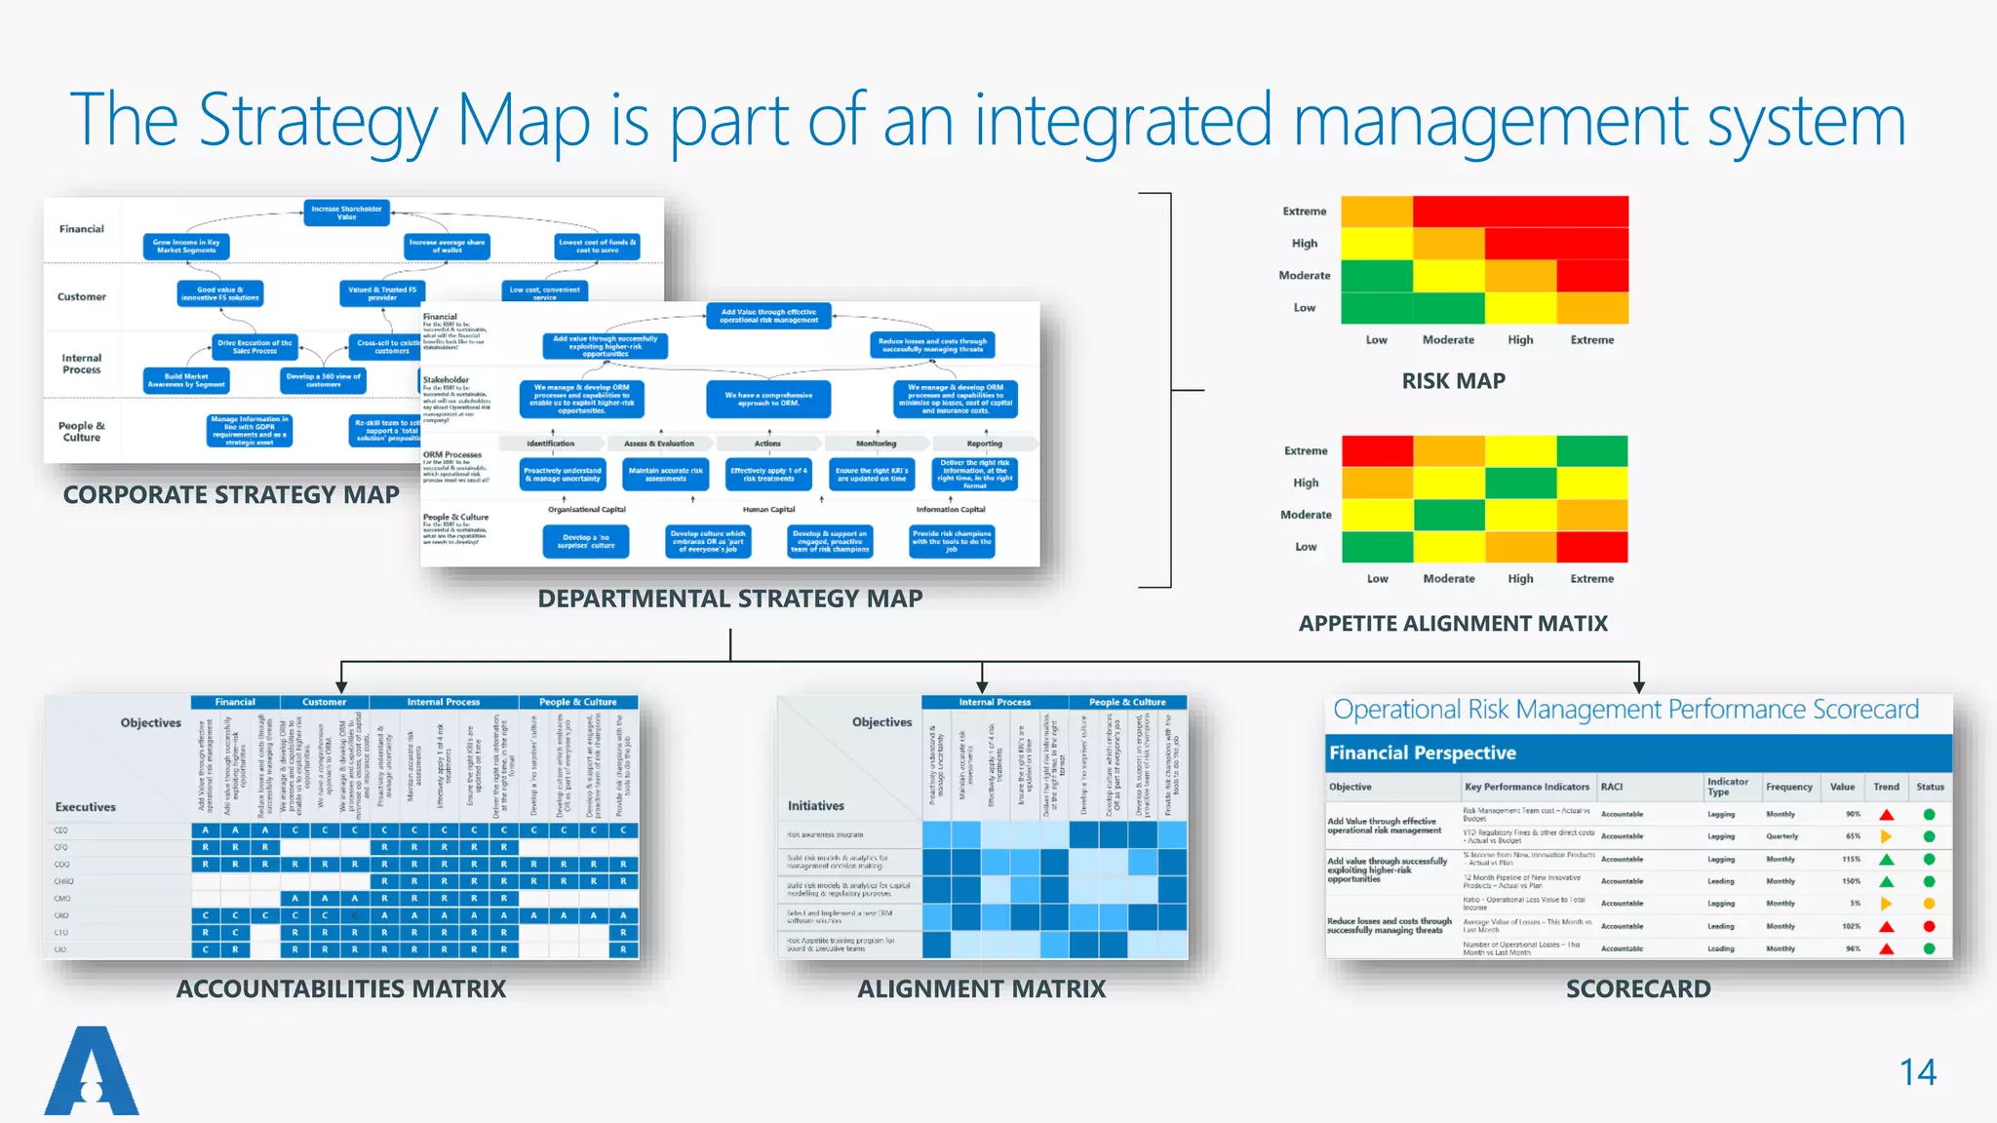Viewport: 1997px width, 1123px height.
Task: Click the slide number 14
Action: [x=1917, y=1072]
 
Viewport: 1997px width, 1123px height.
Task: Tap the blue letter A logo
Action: [x=92, y=1072]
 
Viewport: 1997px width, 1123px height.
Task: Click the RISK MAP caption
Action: [x=1453, y=381]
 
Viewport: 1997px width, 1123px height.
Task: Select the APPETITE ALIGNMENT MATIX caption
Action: [x=1453, y=624]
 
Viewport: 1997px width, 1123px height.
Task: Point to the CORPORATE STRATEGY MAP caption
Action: [x=231, y=495]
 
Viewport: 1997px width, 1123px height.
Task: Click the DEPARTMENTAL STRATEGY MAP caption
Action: [x=729, y=599]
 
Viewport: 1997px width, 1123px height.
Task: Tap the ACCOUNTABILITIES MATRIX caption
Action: [x=341, y=988]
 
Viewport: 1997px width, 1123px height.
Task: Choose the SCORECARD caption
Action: [x=1638, y=988]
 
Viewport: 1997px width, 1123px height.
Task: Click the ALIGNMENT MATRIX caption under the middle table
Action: [x=981, y=988]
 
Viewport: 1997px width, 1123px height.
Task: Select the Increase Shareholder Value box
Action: [x=346, y=213]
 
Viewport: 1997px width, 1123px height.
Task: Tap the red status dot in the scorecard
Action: [x=1929, y=926]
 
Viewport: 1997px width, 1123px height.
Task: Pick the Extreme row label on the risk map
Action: [x=1305, y=212]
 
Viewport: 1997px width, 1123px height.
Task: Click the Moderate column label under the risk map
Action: [x=1448, y=340]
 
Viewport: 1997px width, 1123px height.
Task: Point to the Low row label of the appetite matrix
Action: [x=1306, y=547]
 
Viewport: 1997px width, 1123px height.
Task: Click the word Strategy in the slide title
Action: [x=318, y=121]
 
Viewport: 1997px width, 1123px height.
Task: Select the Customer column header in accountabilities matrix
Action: [x=324, y=702]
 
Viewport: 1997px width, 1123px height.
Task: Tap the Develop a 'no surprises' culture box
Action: [x=586, y=541]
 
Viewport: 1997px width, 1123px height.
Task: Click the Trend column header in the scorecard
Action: [x=1886, y=787]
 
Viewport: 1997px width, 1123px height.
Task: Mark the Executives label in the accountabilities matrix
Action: [x=85, y=807]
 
